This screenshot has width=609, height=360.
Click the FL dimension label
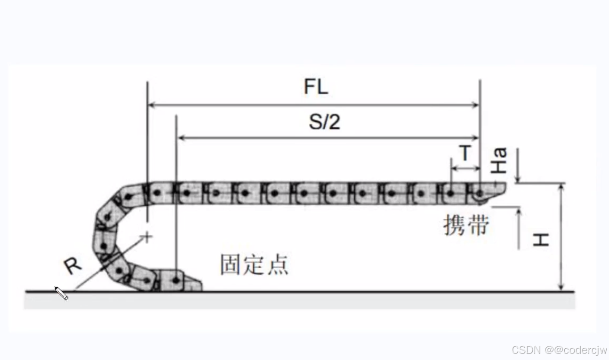316,87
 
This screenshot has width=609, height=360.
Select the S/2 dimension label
324,122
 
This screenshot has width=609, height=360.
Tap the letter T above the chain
465,153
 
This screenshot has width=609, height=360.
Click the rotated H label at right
541,240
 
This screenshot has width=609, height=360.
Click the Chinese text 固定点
254,265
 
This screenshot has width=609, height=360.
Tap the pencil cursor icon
62,293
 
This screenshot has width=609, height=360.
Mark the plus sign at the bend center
147,237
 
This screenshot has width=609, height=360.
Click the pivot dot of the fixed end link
176,280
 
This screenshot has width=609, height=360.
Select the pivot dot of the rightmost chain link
479,193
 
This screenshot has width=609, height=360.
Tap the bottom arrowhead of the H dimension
560,288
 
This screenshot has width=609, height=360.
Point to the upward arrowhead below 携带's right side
519,211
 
